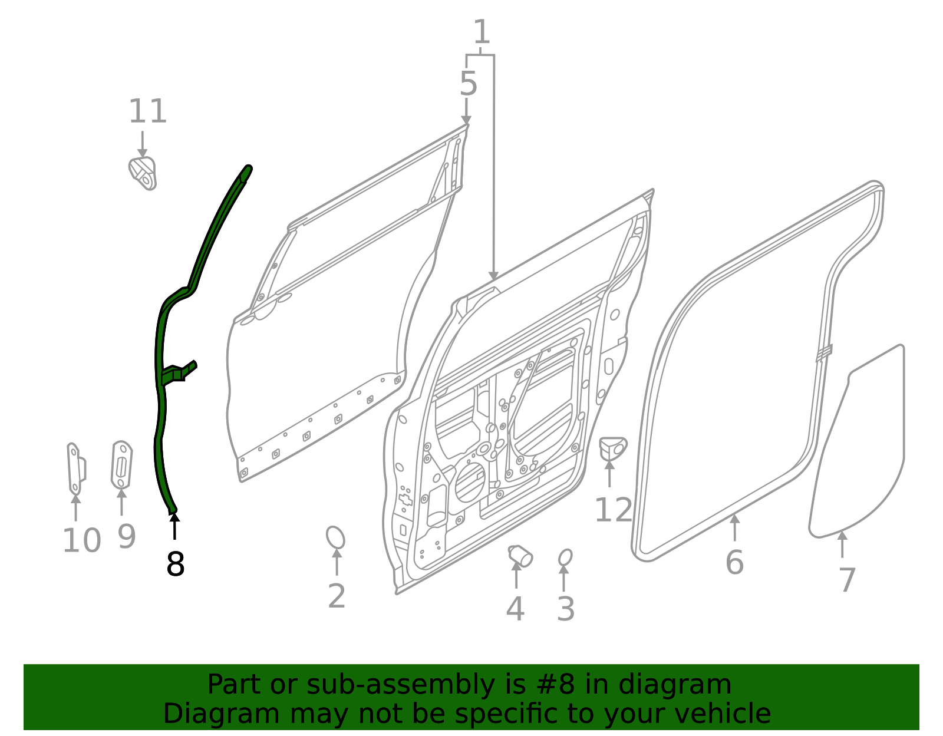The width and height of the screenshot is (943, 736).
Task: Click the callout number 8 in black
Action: point(175,565)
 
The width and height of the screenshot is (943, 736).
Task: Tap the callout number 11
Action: point(147,111)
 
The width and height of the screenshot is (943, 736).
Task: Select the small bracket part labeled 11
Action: point(143,173)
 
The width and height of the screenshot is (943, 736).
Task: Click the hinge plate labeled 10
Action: point(75,468)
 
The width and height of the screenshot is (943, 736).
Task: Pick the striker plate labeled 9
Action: point(121,465)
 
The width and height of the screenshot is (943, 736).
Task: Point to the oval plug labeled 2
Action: point(335,537)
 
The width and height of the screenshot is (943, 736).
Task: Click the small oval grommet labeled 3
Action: point(565,557)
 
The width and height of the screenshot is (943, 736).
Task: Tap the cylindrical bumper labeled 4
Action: point(520,555)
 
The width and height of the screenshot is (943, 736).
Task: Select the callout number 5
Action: point(468,84)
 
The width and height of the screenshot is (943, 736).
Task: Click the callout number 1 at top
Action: point(482,32)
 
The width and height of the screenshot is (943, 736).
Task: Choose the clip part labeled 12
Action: point(612,448)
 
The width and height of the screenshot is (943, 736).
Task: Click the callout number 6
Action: point(734,562)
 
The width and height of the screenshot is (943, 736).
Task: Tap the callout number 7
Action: point(846,580)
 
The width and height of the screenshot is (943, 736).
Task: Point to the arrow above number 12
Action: point(609,473)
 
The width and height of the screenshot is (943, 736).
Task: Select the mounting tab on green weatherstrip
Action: point(179,372)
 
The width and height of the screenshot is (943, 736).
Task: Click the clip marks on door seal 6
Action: point(824,352)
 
